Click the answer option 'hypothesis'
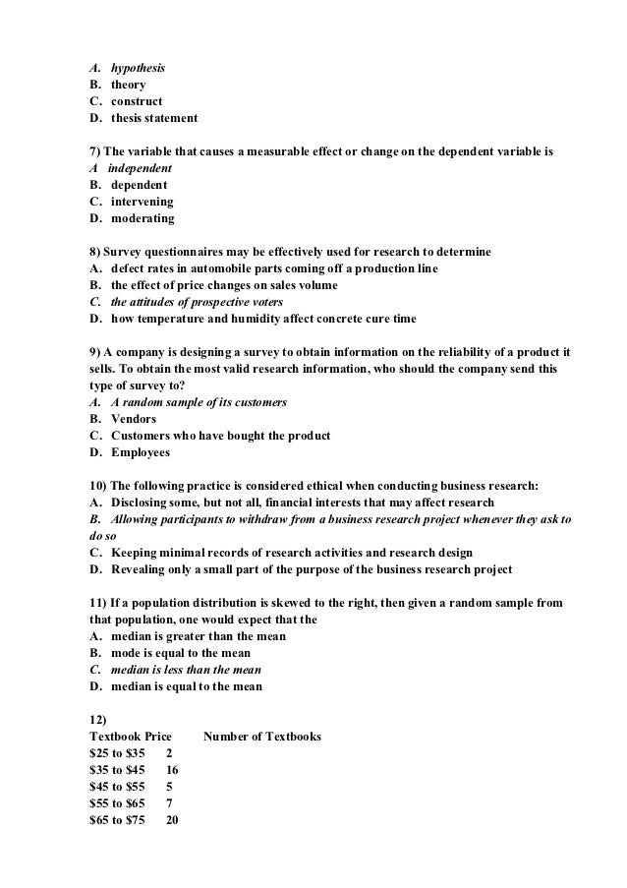(x=138, y=68)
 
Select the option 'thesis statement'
(x=153, y=118)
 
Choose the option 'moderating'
(x=142, y=218)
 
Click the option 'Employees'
(x=141, y=452)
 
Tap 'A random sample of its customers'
(x=199, y=402)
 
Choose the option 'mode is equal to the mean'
(x=181, y=653)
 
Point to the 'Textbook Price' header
(x=130, y=737)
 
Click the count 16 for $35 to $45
(x=172, y=770)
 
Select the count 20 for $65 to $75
(x=172, y=820)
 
